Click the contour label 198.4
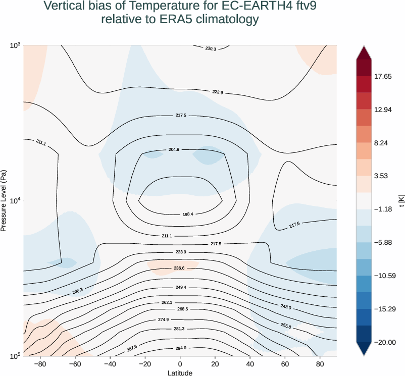click(188, 214)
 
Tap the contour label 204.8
click(173, 150)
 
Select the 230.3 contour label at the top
click(211, 49)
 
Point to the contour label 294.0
click(180, 348)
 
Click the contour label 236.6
click(179, 268)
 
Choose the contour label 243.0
click(285, 307)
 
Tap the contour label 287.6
click(132, 348)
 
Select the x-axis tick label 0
click(180, 364)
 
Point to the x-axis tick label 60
click(285, 364)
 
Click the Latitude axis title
click(180, 372)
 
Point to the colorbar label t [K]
click(401, 200)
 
